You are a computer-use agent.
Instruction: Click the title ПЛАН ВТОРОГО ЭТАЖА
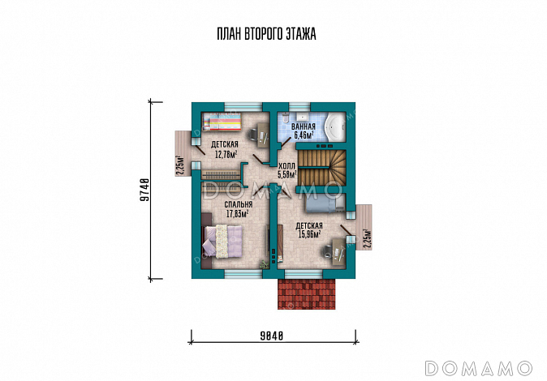(266, 34)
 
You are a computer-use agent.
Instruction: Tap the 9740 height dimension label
(144, 190)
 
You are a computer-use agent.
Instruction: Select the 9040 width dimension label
(271, 336)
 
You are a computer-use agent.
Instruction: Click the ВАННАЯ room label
(304, 127)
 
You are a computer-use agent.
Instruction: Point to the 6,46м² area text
(304, 135)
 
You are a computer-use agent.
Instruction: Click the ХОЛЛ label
(286, 165)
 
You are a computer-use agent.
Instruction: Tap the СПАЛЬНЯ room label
(239, 204)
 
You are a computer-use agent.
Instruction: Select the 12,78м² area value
(226, 154)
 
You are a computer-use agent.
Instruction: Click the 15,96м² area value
(310, 233)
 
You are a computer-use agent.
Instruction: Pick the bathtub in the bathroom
(335, 127)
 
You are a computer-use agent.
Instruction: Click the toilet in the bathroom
(286, 118)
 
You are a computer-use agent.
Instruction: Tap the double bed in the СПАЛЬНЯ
(222, 242)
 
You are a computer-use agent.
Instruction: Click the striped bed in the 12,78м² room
(222, 122)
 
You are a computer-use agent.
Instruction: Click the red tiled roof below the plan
(306, 293)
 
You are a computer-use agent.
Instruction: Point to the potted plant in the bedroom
(265, 264)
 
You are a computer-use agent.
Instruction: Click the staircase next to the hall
(321, 168)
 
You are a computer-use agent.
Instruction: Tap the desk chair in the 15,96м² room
(327, 250)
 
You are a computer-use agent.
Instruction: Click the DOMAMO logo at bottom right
(478, 368)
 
